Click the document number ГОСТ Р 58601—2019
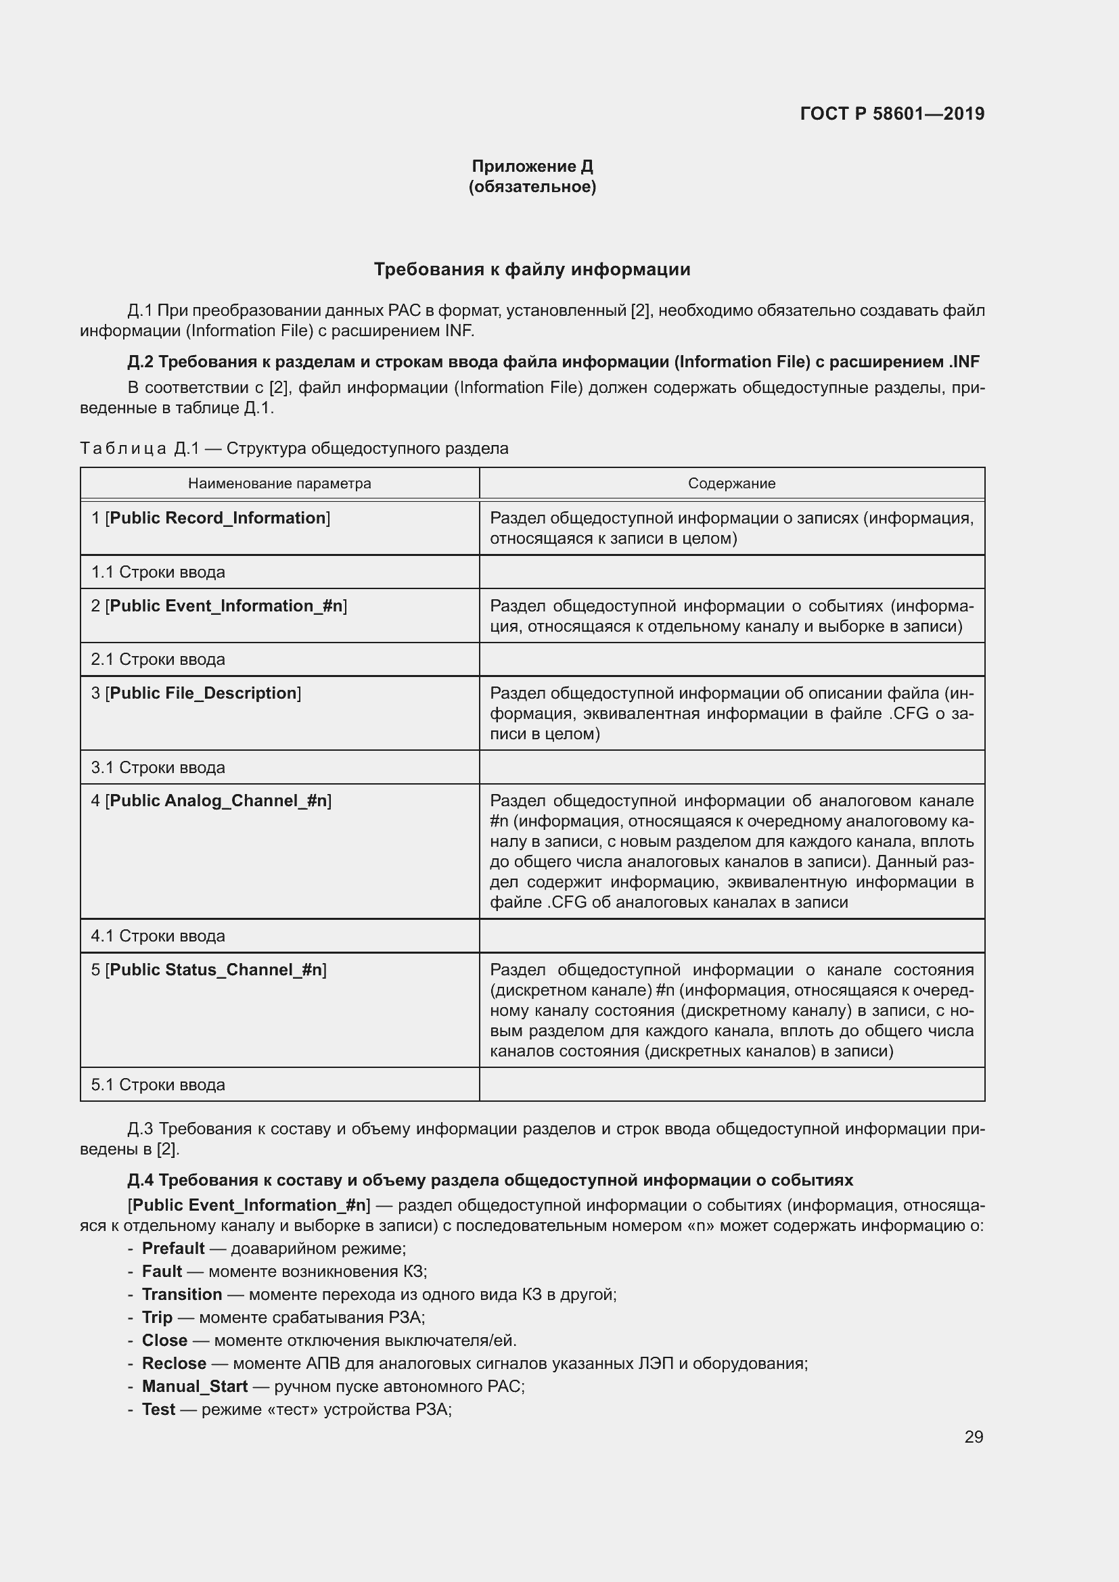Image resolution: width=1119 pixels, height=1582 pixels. click(x=892, y=114)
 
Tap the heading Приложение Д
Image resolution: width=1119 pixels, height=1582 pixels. click(x=532, y=166)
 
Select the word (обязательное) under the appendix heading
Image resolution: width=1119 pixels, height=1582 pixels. click(x=532, y=187)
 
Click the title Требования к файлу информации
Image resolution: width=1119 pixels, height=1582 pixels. click(x=532, y=269)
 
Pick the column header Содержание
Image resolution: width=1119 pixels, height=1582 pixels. click(x=731, y=484)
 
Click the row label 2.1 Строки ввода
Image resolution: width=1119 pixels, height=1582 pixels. click(x=158, y=659)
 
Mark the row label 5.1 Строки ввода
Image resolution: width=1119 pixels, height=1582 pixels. click(x=158, y=1084)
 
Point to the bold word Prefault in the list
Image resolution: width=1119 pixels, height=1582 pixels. click(x=173, y=1249)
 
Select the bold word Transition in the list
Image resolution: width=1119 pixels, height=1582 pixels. click(x=182, y=1295)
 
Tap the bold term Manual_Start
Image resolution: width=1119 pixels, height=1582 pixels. click(x=194, y=1387)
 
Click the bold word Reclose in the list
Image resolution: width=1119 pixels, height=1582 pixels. click(x=174, y=1364)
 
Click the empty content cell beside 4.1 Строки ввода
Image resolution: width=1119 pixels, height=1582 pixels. click(x=731, y=935)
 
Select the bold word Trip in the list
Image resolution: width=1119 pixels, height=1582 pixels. click(x=157, y=1318)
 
